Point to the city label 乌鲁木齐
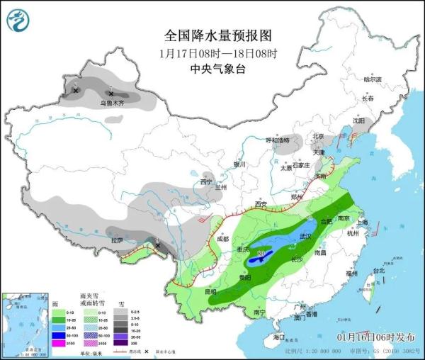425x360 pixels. click(111, 103)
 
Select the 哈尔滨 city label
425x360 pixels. click(373, 79)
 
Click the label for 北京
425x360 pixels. click(318, 137)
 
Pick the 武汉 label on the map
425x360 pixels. click(306, 236)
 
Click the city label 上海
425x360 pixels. click(363, 222)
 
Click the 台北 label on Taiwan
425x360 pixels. click(378, 270)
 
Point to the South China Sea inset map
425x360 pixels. click(24, 322)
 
